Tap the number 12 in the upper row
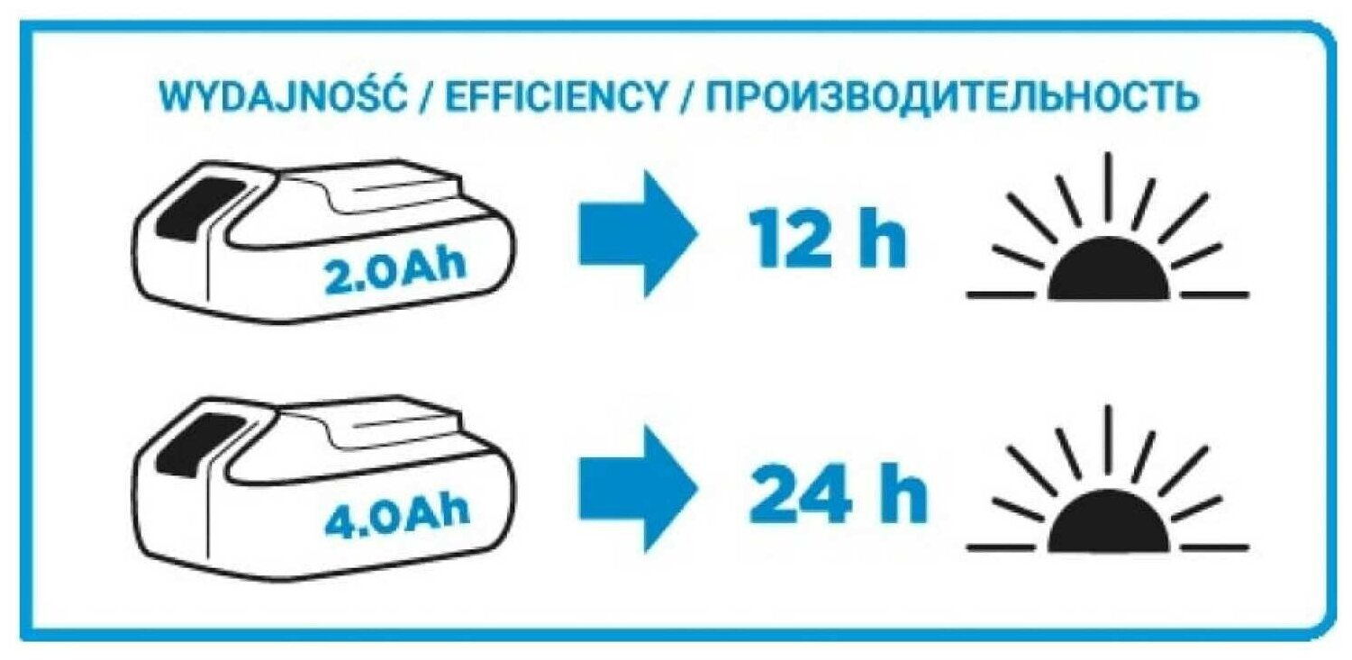click(788, 240)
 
